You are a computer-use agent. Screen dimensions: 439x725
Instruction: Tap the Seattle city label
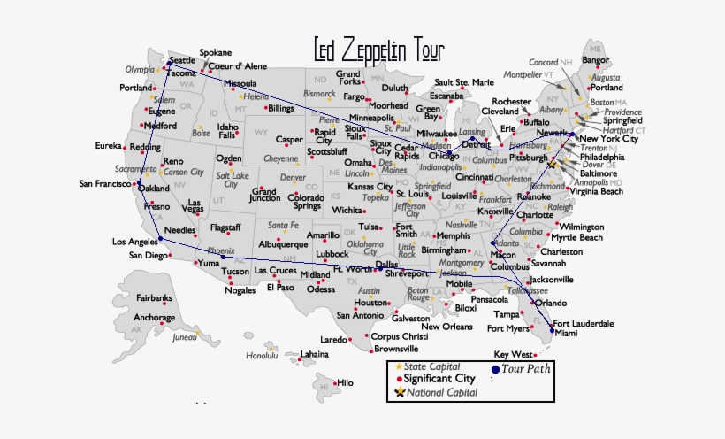[182, 60]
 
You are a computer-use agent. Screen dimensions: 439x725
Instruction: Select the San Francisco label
[104, 184]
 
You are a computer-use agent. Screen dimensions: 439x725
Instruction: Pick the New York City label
[608, 139]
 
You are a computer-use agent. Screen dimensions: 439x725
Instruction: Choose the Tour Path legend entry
[525, 368]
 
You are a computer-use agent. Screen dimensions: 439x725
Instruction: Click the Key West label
[513, 354]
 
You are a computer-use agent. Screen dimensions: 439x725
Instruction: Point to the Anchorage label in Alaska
[154, 318]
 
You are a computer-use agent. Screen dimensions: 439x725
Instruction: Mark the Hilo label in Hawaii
[345, 383]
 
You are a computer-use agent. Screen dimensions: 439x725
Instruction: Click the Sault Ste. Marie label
[464, 82]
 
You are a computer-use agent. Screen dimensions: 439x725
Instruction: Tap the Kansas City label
[370, 187]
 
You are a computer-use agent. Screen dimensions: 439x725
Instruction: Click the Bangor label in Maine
[596, 60]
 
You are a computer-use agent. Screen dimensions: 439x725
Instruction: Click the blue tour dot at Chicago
[450, 154]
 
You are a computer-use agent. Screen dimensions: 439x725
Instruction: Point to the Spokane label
[216, 53]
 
